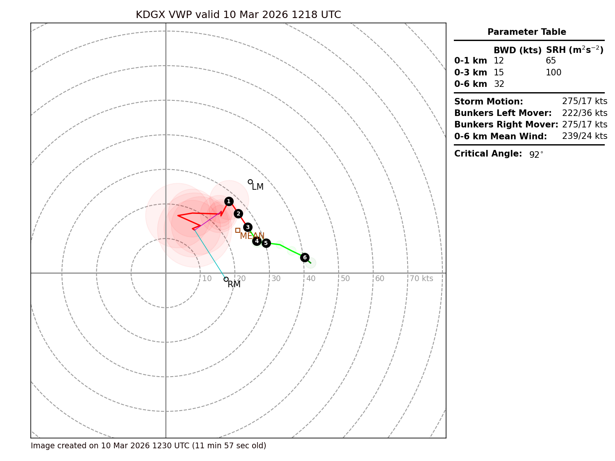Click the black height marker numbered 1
[x=229, y=201]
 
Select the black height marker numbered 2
[x=238, y=213]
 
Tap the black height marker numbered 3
[x=248, y=227]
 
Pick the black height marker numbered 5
[x=266, y=243]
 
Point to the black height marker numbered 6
[x=305, y=257]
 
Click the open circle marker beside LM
[x=250, y=182]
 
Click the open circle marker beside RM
[x=226, y=279]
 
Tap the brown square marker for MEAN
[x=238, y=230]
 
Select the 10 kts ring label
[x=207, y=279]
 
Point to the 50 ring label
[x=345, y=279]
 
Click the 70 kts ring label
[x=421, y=279]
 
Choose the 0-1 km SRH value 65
[x=551, y=61]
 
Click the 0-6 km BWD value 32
[x=499, y=84]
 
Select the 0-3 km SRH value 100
[x=553, y=73]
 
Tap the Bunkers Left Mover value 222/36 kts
[x=585, y=113]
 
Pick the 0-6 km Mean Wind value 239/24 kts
[x=585, y=136]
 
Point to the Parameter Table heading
[x=527, y=32]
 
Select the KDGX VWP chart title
[x=238, y=15]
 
